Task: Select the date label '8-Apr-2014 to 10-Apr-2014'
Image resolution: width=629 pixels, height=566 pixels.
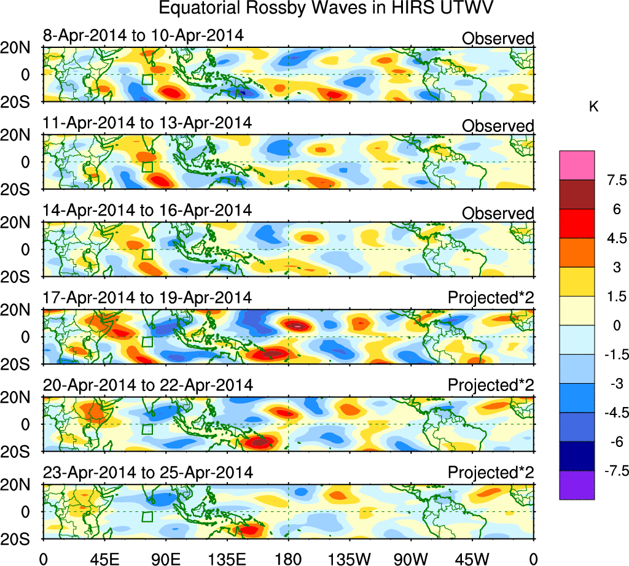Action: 143,35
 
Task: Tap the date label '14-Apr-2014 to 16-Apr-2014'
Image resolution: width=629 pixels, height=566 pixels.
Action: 147,210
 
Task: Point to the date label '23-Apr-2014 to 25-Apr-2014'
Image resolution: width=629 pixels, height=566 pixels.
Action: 147,473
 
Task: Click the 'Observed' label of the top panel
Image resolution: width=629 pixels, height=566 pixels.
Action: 498,39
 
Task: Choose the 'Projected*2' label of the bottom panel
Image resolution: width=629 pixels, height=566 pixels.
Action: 491,473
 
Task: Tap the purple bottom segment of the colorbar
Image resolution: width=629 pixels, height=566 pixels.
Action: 577,486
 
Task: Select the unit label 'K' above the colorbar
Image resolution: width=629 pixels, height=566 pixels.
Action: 593,107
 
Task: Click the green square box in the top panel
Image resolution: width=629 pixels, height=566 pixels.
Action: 147,79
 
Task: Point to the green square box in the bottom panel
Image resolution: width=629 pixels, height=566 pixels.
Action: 147,517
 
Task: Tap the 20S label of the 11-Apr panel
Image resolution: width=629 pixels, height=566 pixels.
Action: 20,188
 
